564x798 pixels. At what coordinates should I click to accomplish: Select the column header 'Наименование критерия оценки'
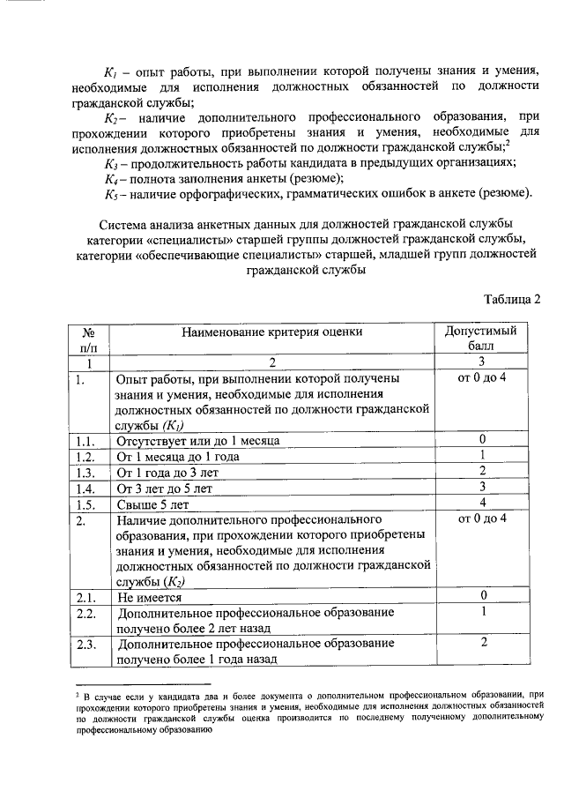(272, 332)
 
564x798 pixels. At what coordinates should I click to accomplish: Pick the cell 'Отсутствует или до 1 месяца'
(198, 440)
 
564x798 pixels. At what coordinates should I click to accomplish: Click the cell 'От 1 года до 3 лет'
(168, 472)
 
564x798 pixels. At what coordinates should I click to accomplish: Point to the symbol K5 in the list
(110, 194)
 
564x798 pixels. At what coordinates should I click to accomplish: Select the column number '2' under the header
(272, 362)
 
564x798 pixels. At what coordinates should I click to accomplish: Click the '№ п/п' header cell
(88, 339)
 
